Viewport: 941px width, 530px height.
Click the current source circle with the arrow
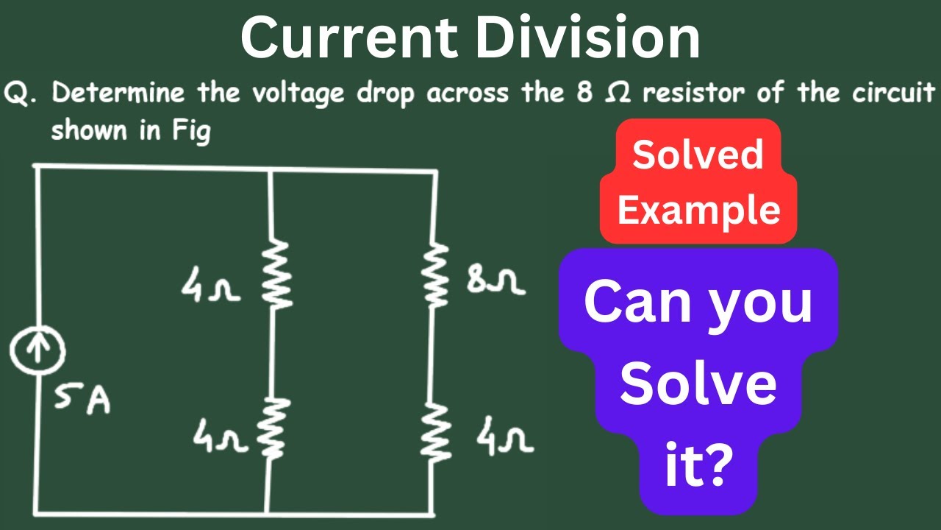(x=37, y=351)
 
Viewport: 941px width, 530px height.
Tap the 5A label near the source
(x=82, y=400)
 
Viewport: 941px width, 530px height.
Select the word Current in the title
(x=349, y=37)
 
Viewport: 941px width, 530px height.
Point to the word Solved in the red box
(x=698, y=155)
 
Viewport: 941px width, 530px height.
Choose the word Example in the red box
(x=698, y=211)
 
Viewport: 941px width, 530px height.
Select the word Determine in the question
(x=118, y=92)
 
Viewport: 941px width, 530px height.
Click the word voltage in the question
(x=298, y=94)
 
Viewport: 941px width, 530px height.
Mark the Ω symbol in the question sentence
(x=618, y=93)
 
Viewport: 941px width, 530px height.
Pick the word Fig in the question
(x=191, y=131)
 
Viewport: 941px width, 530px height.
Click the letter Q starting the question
(x=17, y=93)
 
